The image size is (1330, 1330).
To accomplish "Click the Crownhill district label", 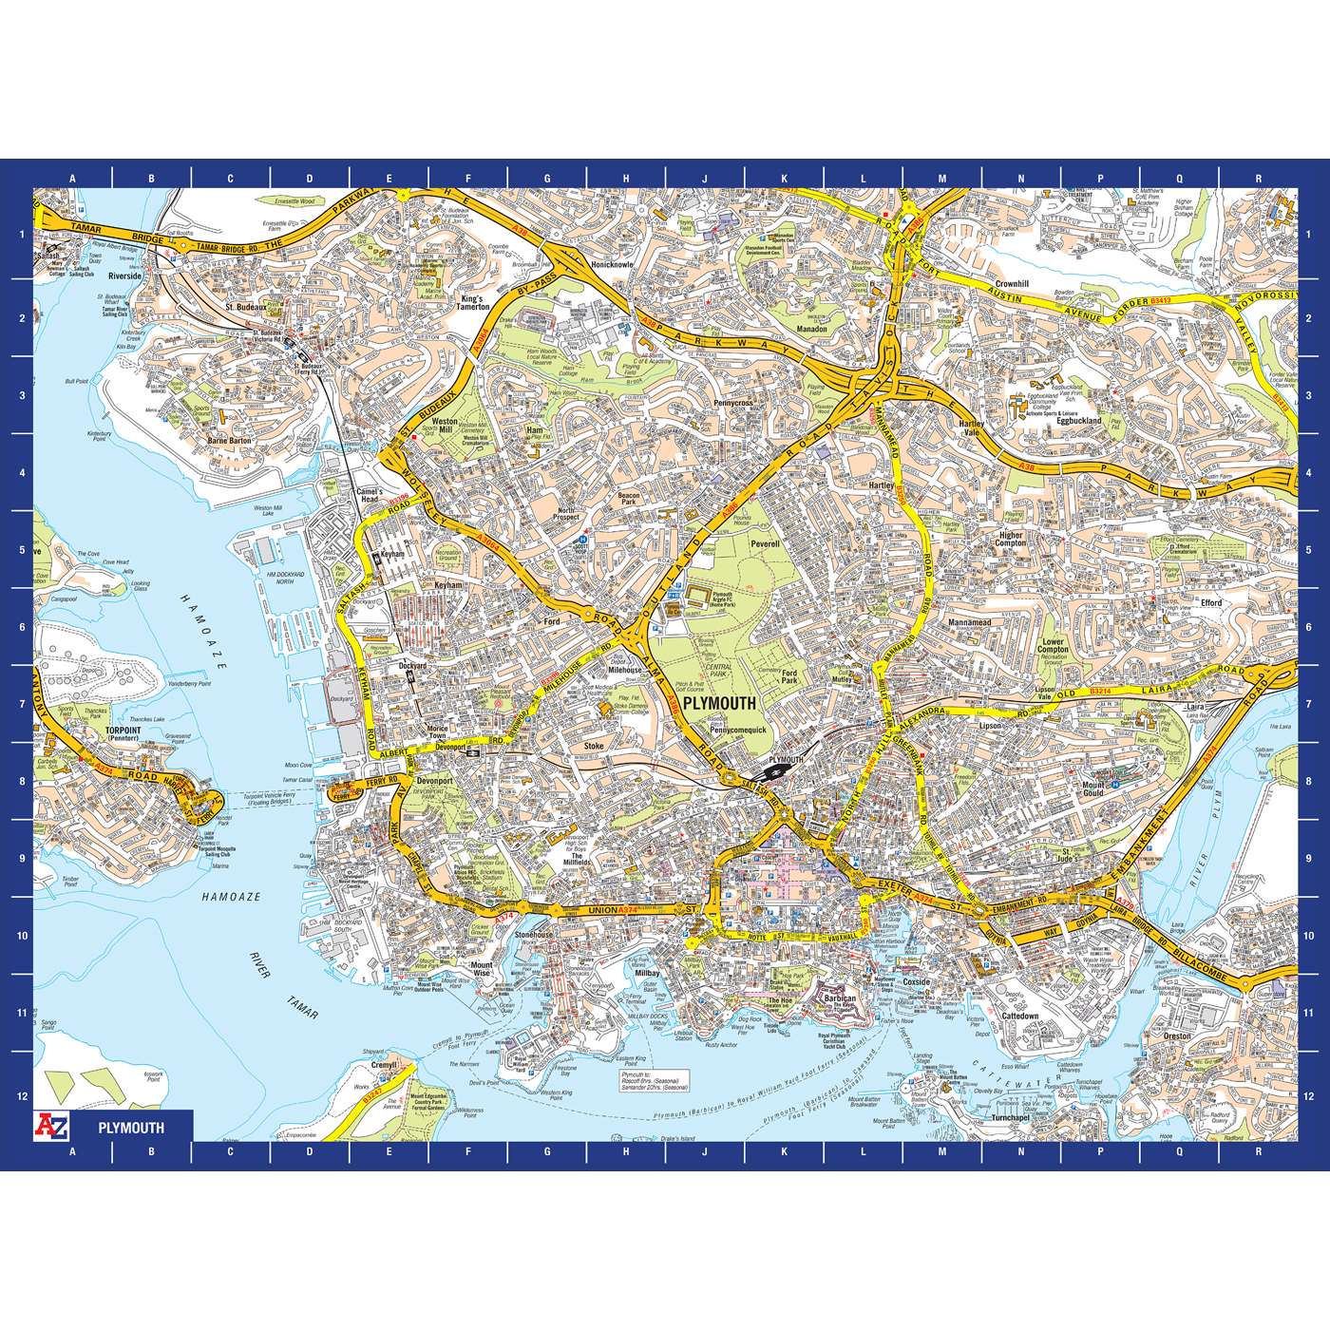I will (x=1006, y=284).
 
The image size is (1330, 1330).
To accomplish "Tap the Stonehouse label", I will (x=534, y=936).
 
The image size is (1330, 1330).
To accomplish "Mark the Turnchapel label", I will (x=1011, y=1118).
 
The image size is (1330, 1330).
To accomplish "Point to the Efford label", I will (x=1209, y=602).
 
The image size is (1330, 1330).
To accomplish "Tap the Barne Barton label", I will (x=228, y=442).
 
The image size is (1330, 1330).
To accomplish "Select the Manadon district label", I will (x=811, y=330).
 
